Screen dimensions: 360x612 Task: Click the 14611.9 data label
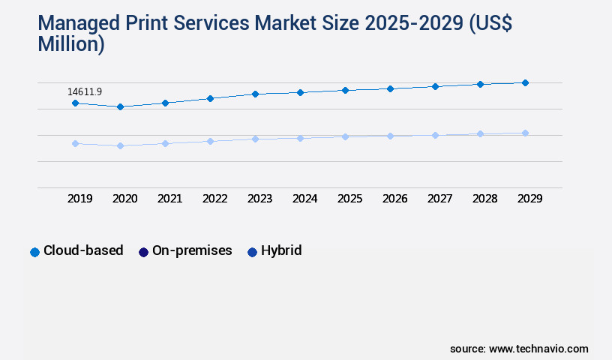(85, 91)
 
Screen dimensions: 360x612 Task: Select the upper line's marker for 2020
(120, 106)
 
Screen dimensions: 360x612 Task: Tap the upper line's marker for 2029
(525, 82)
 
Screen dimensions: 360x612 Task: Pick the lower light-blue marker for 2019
(75, 143)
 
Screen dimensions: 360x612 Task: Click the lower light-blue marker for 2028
(480, 133)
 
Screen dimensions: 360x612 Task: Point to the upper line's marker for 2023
(255, 94)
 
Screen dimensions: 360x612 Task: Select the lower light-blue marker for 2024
(300, 138)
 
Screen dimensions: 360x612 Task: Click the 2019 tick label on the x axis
(80, 199)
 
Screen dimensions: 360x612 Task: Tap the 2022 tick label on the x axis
(215, 199)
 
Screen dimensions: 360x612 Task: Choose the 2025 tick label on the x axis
(350, 199)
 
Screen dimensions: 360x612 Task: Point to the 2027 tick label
(440, 199)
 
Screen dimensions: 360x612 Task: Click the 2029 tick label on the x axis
(530, 199)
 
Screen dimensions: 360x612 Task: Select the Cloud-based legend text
(83, 250)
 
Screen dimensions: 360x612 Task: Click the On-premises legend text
(192, 250)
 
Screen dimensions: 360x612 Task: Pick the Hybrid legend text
(281, 250)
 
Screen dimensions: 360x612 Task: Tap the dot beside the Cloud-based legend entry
(34, 252)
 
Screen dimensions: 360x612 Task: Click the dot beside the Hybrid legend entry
(252, 252)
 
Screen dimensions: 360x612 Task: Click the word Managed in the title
(80, 25)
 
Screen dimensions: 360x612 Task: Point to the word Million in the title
(71, 44)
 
